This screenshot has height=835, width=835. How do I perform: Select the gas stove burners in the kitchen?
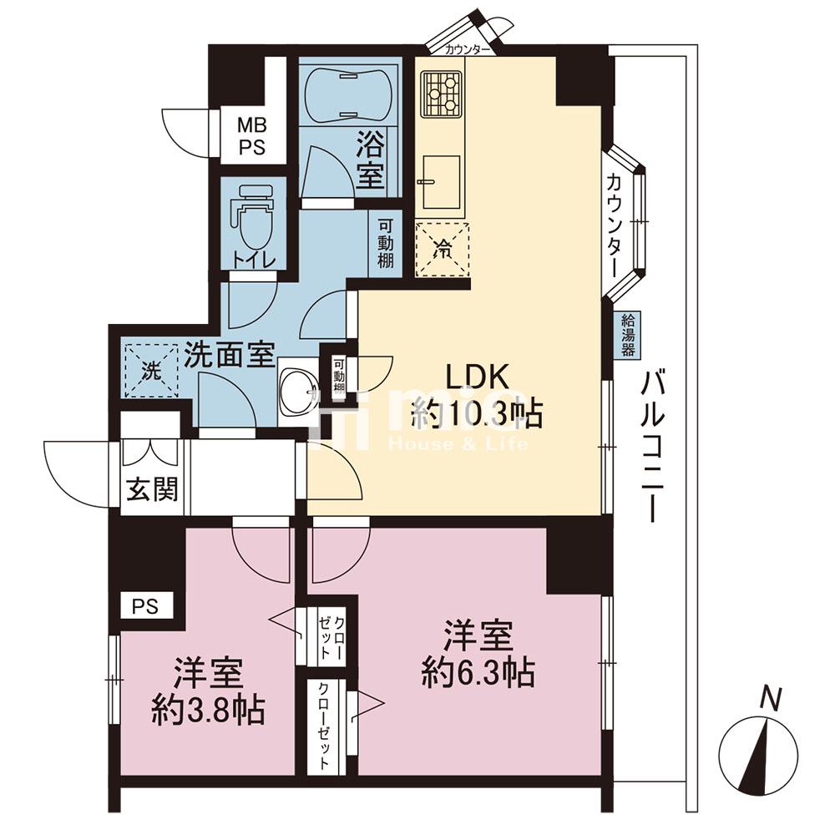click(x=441, y=94)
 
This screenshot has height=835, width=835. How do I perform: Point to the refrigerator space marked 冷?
click(x=442, y=249)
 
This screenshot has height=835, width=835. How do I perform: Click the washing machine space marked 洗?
click(x=151, y=370)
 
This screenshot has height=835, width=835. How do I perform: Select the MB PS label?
click(x=251, y=136)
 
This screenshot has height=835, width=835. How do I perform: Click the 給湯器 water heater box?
click(x=628, y=336)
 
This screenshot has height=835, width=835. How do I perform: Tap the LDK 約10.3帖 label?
click(x=477, y=396)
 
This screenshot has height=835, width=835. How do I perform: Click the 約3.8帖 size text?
click(x=208, y=710)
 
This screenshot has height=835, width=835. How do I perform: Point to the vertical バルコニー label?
click(x=653, y=448)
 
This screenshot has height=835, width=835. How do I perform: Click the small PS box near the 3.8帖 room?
click(x=146, y=606)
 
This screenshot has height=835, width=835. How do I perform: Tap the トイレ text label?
click(x=254, y=261)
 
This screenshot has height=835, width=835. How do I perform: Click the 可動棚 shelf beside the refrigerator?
click(x=386, y=244)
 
